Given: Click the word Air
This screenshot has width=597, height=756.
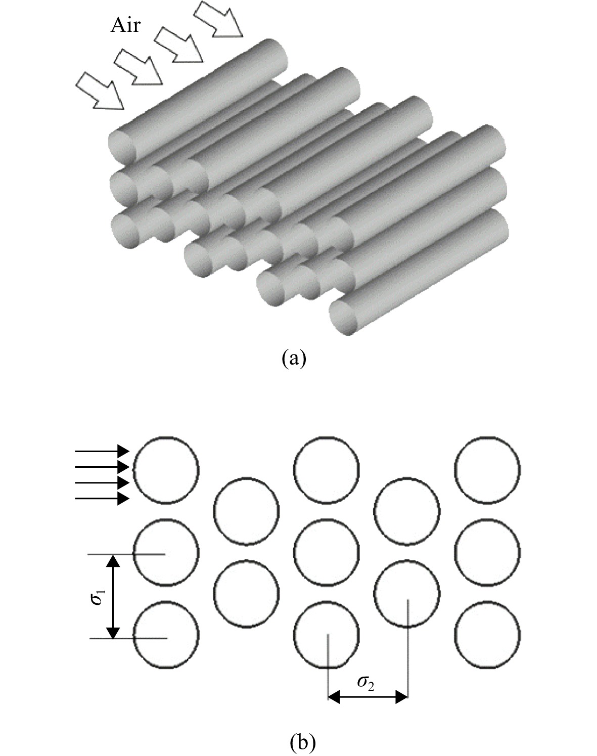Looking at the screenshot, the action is (125, 26).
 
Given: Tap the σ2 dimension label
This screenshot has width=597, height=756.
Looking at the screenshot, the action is (365, 683).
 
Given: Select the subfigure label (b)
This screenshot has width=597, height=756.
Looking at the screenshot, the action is (303, 740).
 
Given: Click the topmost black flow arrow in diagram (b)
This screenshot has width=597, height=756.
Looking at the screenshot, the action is (102, 451).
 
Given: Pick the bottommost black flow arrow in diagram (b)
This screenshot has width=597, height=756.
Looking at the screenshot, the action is (102, 499).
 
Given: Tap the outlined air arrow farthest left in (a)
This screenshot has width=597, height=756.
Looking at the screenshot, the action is (100, 90).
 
